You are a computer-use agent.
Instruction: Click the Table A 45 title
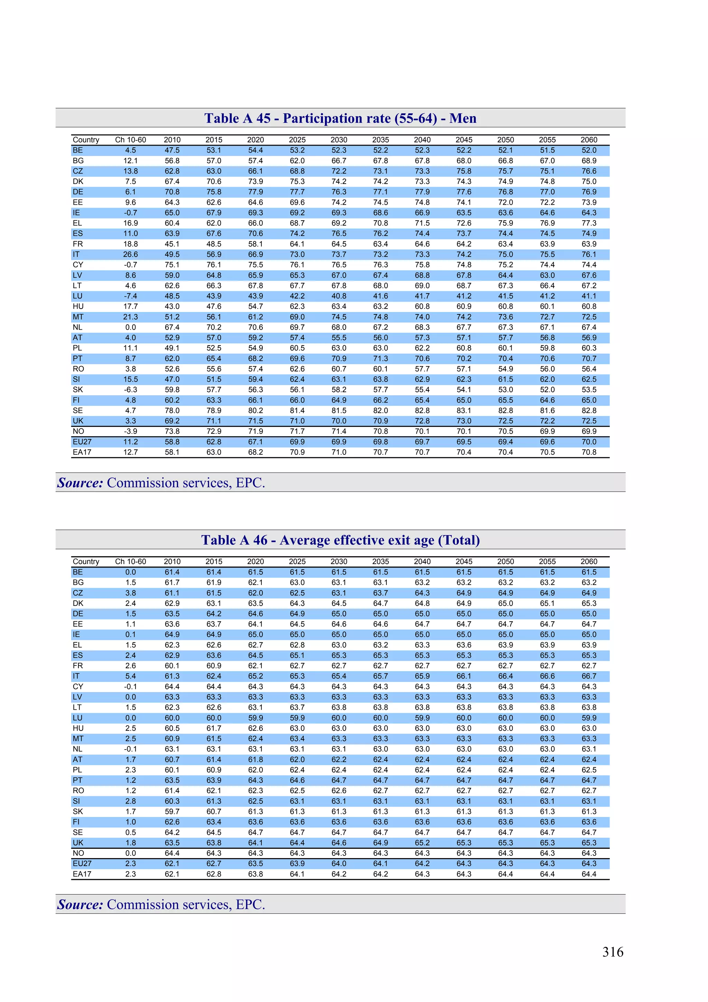[x=340, y=118]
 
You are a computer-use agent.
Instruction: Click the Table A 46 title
[x=340, y=540]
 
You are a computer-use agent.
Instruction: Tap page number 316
[x=613, y=952]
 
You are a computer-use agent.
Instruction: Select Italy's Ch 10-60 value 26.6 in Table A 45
[x=130, y=255]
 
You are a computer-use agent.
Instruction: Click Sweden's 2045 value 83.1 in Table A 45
[x=464, y=411]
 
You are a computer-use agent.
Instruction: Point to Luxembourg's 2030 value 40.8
[x=338, y=296]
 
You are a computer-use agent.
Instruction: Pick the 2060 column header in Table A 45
[x=588, y=140]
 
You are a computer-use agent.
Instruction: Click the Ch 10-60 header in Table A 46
[x=130, y=562]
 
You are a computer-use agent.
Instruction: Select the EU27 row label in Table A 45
[x=82, y=442]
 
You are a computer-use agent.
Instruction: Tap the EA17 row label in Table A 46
[x=82, y=874]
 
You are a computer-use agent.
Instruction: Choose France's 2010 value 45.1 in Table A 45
[x=172, y=244]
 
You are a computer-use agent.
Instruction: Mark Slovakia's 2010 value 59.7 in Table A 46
[x=172, y=811]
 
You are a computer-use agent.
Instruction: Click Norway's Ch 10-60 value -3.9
[x=130, y=431]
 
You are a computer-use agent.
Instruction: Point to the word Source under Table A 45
[x=80, y=483]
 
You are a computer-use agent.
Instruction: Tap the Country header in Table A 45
[x=86, y=140]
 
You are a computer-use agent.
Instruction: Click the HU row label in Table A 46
[x=78, y=728]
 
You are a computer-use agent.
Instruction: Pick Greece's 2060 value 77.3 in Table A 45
[x=588, y=223]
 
